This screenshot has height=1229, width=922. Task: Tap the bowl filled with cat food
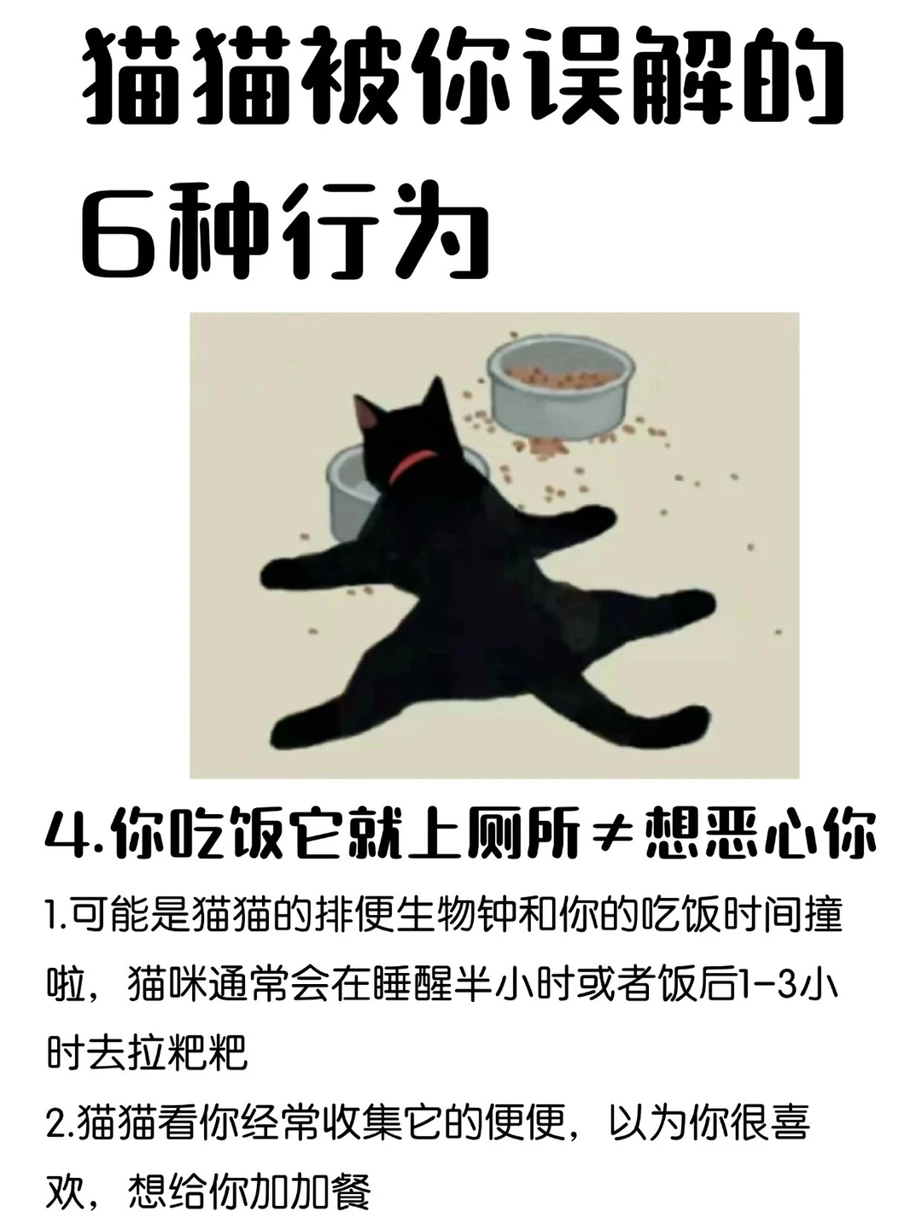click(561, 387)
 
